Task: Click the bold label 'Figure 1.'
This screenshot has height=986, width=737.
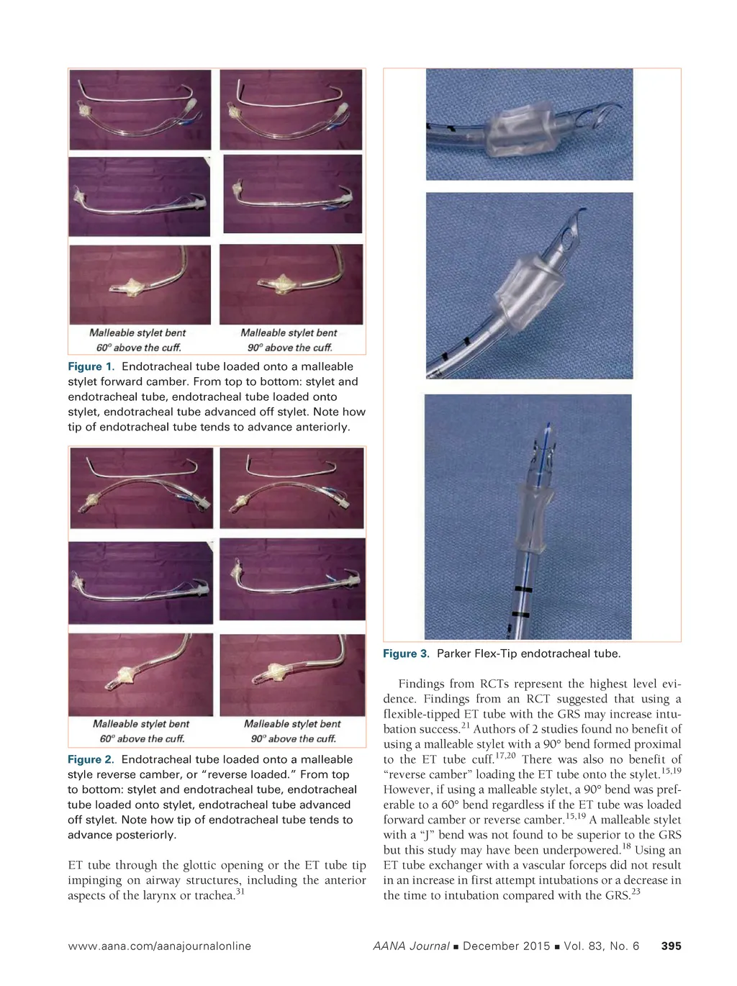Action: click(91, 366)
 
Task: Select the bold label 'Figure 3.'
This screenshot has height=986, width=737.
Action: click(406, 653)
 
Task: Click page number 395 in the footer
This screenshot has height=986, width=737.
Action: click(671, 946)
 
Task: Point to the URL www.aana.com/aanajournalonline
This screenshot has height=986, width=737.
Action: click(159, 946)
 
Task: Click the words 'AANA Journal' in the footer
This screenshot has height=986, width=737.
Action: click(411, 946)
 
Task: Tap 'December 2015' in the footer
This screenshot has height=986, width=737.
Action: click(507, 946)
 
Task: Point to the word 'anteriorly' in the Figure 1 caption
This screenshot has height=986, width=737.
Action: click(321, 427)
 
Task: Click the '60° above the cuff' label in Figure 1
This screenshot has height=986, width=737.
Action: click(138, 348)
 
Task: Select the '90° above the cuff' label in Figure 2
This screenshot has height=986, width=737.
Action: click(293, 738)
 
